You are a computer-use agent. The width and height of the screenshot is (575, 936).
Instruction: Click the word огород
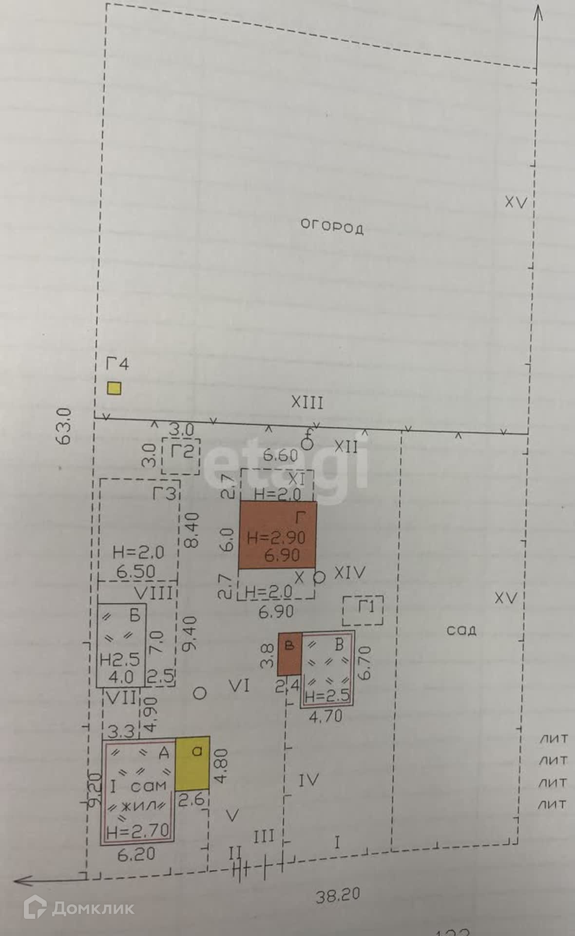[x=332, y=226]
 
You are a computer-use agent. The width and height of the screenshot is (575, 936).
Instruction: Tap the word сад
[x=461, y=630]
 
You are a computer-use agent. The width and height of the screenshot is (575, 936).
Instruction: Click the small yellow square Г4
[x=114, y=388]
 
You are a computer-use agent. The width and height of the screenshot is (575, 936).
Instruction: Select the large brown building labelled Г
[x=277, y=535]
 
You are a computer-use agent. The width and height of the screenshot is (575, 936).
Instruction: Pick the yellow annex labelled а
[x=192, y=763]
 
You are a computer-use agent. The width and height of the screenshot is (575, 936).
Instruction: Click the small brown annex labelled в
[x=289, y=653]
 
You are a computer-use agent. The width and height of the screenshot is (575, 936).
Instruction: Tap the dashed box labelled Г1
[x=363, y=610]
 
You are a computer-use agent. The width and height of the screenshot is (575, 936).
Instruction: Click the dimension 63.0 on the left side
[x=65, y=426]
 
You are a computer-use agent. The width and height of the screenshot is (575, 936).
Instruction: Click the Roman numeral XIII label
[x=307, y=402]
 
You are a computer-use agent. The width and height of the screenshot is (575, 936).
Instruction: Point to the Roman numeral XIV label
[x=349, y=573]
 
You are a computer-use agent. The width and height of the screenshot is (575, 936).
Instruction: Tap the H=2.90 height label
[x=276, y=538]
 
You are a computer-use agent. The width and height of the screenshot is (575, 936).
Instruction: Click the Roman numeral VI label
[x=239, y=686]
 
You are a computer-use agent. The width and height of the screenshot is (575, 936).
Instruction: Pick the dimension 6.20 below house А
[x=136, y=854]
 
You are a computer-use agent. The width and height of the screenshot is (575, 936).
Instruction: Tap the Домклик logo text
[x=93, y=908]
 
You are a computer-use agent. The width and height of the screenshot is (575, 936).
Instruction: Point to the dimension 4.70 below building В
[x=326, y=716]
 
